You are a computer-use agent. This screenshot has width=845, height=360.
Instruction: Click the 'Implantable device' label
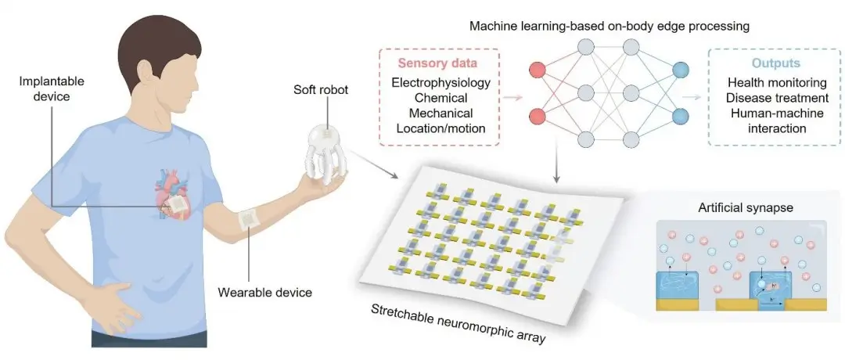tap(44, 89)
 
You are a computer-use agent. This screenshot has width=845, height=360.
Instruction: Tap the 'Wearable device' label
tap(264, 293)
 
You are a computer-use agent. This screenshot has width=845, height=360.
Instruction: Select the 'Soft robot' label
tap(321, 89)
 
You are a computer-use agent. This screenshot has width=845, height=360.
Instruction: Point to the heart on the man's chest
tap(172, 194)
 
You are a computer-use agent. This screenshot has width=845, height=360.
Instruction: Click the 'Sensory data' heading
tap(437, 63)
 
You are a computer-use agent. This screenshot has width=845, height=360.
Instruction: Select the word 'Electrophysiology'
tap(440, 83)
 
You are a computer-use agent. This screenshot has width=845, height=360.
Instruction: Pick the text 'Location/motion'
tap(440, 128)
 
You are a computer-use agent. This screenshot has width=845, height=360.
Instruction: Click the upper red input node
tap(538, 70)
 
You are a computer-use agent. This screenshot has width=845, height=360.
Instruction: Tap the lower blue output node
tap(681, 116)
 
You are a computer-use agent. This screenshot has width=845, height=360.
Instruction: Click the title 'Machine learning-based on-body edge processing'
tap(609, 27)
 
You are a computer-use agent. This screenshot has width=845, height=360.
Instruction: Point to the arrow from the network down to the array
tap(557, 165)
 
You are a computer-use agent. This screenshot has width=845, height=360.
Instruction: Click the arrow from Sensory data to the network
tap(513, 98)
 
